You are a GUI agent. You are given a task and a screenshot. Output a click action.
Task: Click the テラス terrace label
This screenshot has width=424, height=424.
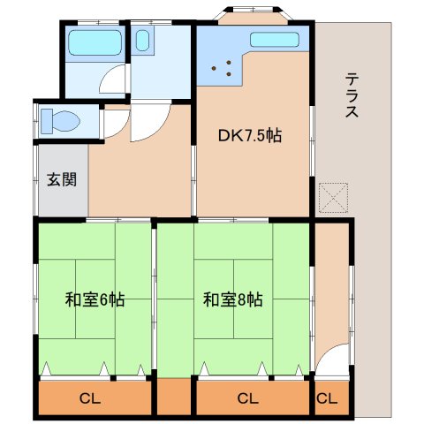tap(352, 95)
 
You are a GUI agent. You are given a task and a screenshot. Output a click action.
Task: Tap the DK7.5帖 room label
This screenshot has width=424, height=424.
tap(250, 136)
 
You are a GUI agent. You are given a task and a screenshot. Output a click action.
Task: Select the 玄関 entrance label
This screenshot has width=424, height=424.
tap(62, 179)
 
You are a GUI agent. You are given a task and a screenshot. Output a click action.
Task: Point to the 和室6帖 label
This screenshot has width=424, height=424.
tap(95, 299)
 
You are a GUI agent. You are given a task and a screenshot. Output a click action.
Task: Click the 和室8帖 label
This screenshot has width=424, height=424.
tap(233, 299)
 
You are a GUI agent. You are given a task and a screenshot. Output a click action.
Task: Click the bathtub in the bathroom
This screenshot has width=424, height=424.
tap(95, 42)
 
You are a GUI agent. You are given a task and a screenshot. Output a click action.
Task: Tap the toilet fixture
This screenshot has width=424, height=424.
tap(60, 121)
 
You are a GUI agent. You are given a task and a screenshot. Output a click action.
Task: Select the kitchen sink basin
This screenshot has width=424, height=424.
tap(275, 40)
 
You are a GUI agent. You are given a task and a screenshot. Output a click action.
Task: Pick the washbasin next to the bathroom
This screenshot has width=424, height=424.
tap(142, 41)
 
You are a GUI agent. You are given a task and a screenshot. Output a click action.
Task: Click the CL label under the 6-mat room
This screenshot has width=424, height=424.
tap(90, 398)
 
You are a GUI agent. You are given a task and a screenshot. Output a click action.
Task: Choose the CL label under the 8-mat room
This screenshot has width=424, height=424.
tap(248, 398)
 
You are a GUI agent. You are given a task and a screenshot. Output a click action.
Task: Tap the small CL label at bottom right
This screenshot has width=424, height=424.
tap(327, 398)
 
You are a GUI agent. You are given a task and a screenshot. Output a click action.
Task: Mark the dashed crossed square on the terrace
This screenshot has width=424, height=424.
tap(334, 198)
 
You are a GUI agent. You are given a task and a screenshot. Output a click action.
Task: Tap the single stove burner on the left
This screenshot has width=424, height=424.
tap(214, 68)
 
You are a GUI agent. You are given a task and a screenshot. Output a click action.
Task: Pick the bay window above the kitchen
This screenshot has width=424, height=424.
tap(254, 15)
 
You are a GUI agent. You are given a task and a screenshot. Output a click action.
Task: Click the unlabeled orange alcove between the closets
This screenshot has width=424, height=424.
tap(174, 397)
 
